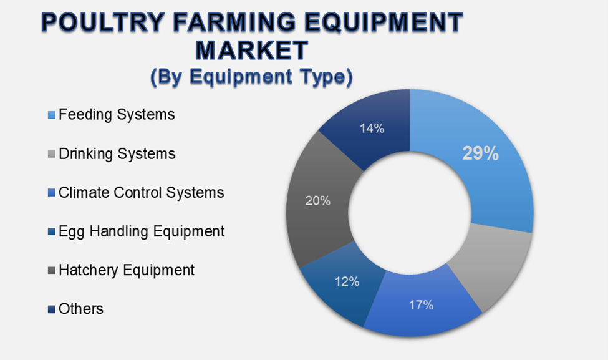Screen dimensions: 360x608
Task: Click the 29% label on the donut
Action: click(x=480, y=154)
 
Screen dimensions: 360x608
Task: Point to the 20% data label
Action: click(x=317, y=201)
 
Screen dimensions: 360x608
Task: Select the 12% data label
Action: click(x=346, y=281)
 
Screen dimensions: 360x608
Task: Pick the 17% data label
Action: click(x=421, y=305)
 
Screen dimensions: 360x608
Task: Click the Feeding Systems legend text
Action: click(x=117, y=115)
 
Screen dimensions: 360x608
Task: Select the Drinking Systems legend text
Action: click(x=117, y=153)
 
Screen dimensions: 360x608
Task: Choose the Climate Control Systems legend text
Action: click(x=141, y=192)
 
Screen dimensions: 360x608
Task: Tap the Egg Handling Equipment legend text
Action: click(x=142, y=231)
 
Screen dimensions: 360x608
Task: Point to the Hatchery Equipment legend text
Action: click(x=127, y=270)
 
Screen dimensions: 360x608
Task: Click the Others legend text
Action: click(x=81, y=308)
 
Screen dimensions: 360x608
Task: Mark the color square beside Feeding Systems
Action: click(x=52, y=115)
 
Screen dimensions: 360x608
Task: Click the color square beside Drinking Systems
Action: click(x=52, y=154)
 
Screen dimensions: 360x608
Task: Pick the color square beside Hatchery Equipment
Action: click(x=52, y=271)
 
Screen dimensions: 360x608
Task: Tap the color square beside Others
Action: click(x=52, y=309)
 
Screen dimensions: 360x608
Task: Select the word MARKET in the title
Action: click(x=252, y=50)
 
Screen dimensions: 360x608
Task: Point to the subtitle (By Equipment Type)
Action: click(x=252, y=77)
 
